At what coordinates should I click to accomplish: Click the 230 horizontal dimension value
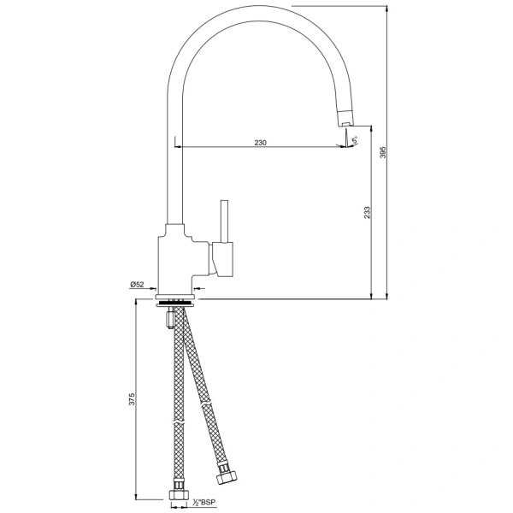point(260,143)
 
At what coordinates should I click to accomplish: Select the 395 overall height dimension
point(384,151)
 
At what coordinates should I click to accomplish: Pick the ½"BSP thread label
point(205,502)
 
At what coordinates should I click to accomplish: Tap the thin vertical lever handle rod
point(226,221)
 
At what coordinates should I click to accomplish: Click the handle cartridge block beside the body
point(223,259)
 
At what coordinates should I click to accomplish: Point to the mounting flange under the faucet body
point(179,302)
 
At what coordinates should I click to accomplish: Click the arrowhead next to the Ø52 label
point(151,290)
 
